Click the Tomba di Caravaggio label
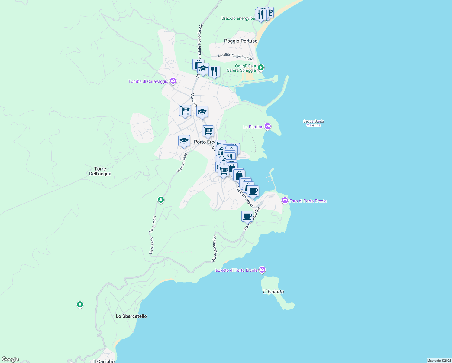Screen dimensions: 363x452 click(148, 81)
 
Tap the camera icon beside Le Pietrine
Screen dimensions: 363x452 click(268, 126)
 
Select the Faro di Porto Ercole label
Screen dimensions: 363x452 click(308, 201)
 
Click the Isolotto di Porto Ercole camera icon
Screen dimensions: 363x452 click(262, 270)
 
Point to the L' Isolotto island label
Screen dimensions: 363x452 click(273, 292)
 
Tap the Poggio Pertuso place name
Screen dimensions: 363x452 click(241, 41)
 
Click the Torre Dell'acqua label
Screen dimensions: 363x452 click(100, 171)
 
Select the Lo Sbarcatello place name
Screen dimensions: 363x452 click(131, 316)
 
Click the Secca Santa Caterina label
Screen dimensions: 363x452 click(314, 123)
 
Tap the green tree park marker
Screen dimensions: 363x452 click(161, 200)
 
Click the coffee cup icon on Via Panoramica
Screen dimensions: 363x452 click(247, 216)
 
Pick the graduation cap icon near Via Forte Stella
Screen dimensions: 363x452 click(184, 141)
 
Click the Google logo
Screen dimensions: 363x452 click(10, 359)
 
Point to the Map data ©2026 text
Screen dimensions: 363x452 click(439, 361)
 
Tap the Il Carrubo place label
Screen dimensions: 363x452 click(104, 361)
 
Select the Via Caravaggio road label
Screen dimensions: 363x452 click(245, 197)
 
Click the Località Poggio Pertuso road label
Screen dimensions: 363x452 click(236, 57)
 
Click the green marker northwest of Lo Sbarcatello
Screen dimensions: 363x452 click(80, 304)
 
